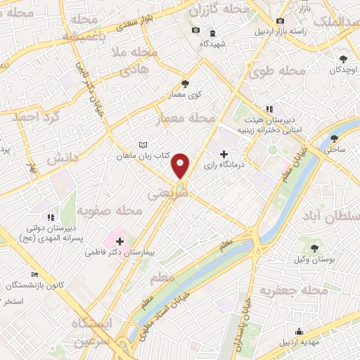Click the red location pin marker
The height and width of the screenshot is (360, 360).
[181, 165]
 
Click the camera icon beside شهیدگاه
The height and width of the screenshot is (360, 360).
[195, 30]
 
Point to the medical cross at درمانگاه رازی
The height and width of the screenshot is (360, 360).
[224, 154]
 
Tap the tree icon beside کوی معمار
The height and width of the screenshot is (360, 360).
[185, 82]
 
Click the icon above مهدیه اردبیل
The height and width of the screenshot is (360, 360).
[300, 331]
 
